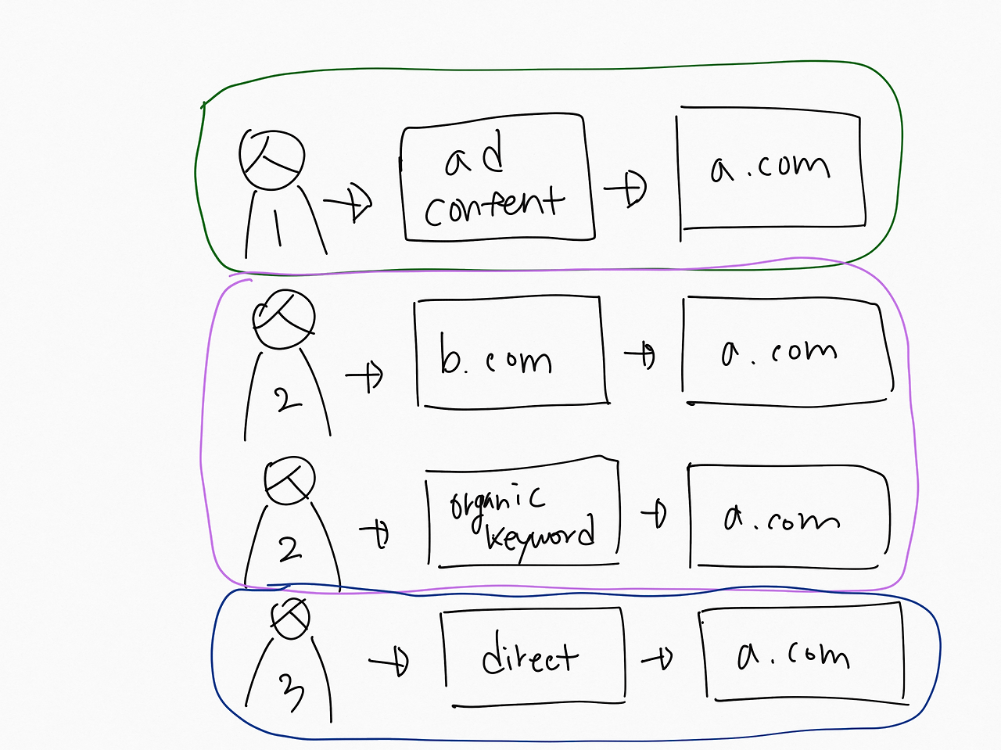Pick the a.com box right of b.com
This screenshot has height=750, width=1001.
coord(787,352)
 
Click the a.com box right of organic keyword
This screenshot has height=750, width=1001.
coord(788,516)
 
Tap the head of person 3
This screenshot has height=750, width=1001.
coord(290,618)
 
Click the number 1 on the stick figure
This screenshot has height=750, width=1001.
coord(276,227)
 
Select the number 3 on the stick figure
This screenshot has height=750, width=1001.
coord(291,691)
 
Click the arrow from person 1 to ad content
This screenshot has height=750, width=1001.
coord(349,203)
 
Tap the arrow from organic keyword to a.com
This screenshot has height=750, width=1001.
coord(654,514)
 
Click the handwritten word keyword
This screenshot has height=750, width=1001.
coord(540,536)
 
